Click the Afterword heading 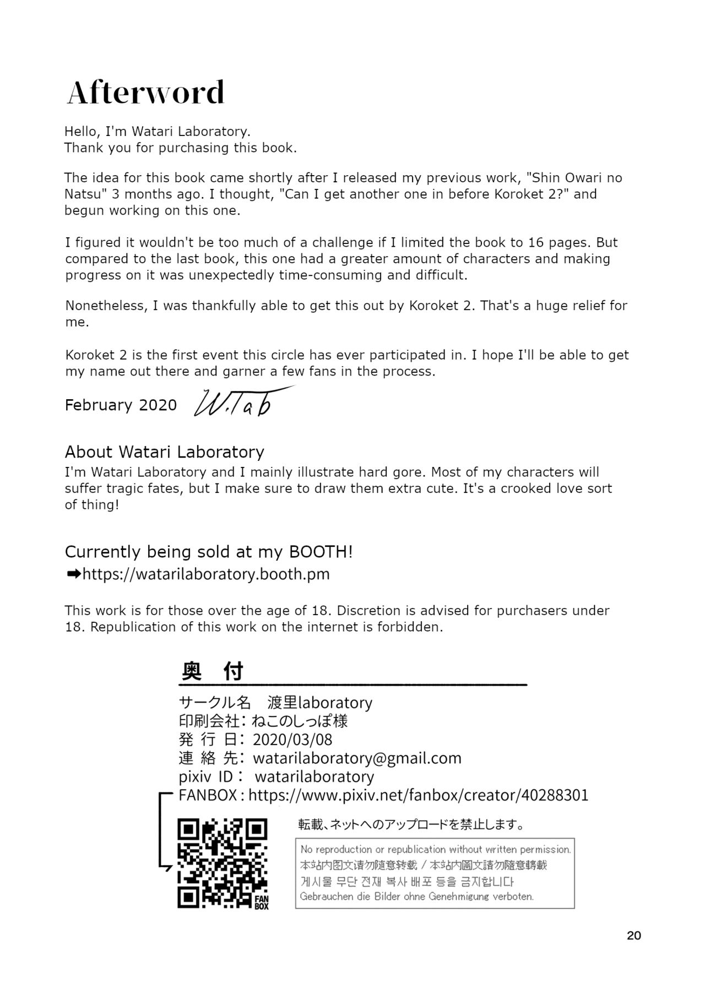(x=146, y=93)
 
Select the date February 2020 (x=121, y=405)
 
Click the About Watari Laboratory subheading (x=165, y=452)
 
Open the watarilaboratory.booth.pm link (x=206, y=574)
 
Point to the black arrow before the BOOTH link (x=73, y=574)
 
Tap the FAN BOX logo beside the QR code (x=262, y=901)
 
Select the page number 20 (x=634, y=935)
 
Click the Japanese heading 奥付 (x=213, y=671)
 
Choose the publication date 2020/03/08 (x=292, y=740)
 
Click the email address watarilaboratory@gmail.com (x=357, y=758)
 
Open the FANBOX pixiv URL (x=419, y=795)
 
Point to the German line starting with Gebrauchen (x=417, y=896)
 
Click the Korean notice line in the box (x=407, y=881)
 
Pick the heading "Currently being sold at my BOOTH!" (x=209, y=552)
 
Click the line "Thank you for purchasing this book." (x=181, y=148)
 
